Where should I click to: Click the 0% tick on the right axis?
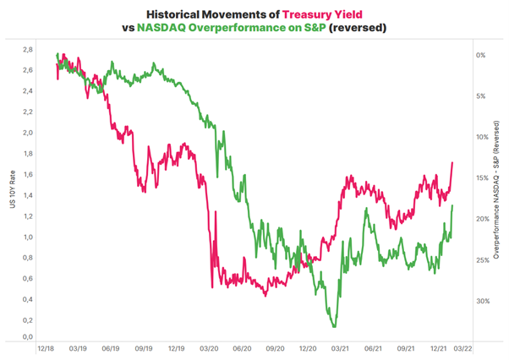tap(480, 55)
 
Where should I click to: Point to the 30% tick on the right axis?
tap(479, 302)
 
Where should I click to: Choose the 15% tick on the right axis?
tap(479, 178)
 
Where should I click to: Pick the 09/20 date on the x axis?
tap(273, 347)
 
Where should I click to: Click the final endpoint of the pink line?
tap(452, 162)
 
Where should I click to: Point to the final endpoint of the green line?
tap(453, 205)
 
